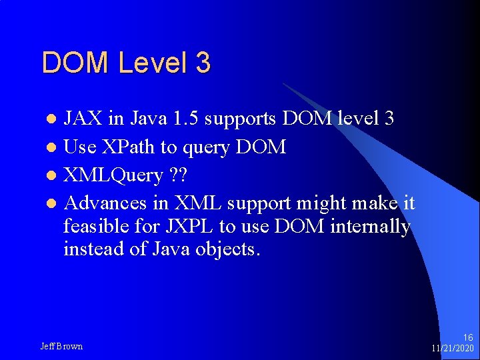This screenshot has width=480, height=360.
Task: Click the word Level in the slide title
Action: point(153,63)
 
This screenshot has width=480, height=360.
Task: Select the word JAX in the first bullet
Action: point(83,119)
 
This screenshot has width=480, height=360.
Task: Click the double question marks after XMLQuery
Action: point(178,175)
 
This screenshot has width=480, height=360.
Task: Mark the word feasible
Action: point(97,227)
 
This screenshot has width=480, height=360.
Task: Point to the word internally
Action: point(370,227)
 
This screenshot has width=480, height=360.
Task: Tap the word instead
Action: point(92,250)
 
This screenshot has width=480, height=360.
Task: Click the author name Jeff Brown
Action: point(61,346)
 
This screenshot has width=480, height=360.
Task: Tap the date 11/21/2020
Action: point(453,349)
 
